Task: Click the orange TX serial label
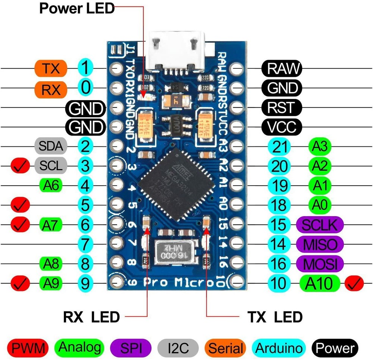(51, 68)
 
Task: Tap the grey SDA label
(51, 146)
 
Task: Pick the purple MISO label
(320, 245)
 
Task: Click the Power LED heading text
(77, 8)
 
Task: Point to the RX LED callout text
(91, 317)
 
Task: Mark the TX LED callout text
(275, 317)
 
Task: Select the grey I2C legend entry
(178, 348)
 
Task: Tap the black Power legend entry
(334, 348)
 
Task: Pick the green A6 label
(51, 185)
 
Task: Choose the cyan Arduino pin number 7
(85, 245)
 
